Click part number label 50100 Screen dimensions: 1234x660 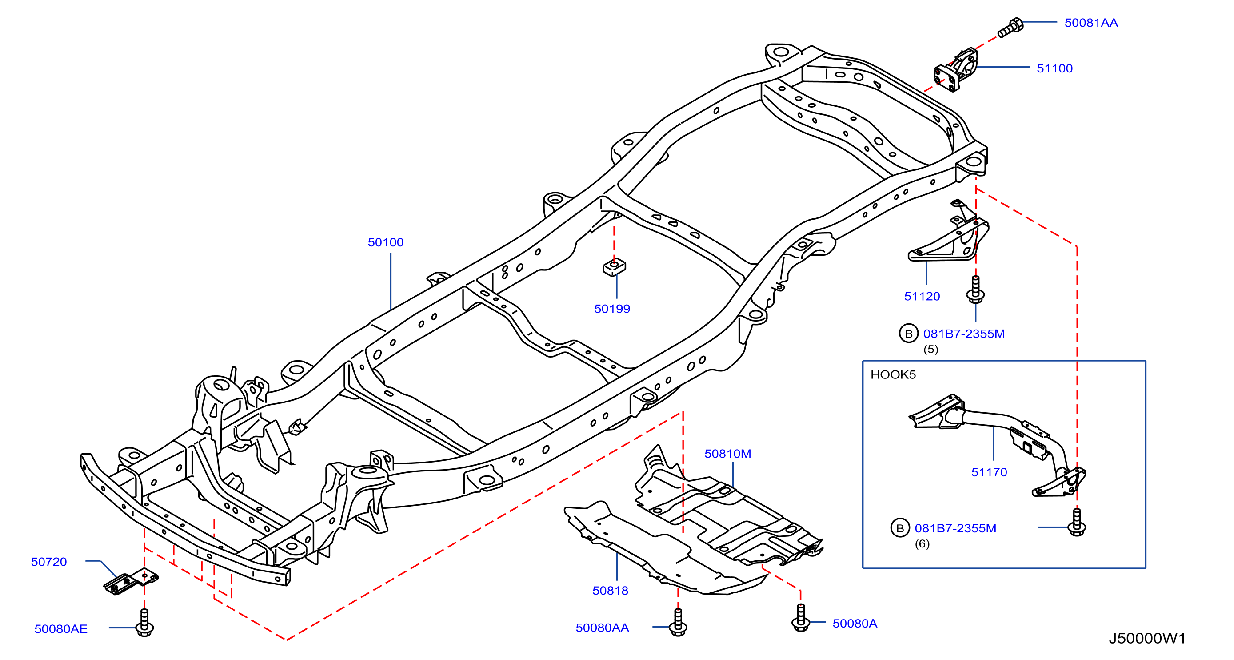386,242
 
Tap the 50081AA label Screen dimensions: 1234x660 1091,23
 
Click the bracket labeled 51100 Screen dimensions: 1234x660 956,69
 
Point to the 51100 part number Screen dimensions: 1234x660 1054,68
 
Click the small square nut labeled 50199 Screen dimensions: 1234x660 614,267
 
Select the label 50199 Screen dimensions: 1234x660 612,309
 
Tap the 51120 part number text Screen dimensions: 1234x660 922,296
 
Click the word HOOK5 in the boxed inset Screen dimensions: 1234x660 893,374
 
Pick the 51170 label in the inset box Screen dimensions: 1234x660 989,472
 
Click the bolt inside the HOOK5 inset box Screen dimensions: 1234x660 1077,523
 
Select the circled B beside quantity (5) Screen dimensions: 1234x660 908,334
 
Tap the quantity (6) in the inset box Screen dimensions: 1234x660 922,543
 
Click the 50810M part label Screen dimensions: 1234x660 728,454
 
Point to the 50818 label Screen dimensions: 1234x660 610,591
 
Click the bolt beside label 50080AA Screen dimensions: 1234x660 678,622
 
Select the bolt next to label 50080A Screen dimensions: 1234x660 800,617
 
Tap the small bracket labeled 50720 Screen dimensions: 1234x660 131,581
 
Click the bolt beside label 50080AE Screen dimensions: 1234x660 144,623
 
